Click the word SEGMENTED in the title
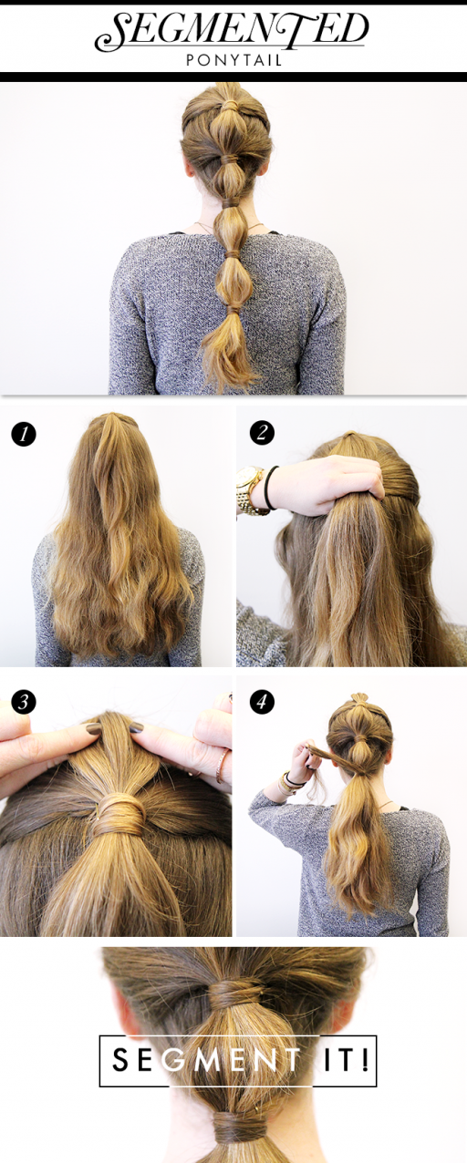click(x=232, y=33)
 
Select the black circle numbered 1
click(x=24, y=433)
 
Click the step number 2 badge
click(x=262, y=433)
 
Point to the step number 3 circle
click(x=24, y=702)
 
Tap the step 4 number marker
click(x=262, y=702)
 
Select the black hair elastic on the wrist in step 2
click(x=270, y=488)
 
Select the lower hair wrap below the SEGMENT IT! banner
click(x=238, y=1130)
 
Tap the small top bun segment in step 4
click(x=358, y=702)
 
